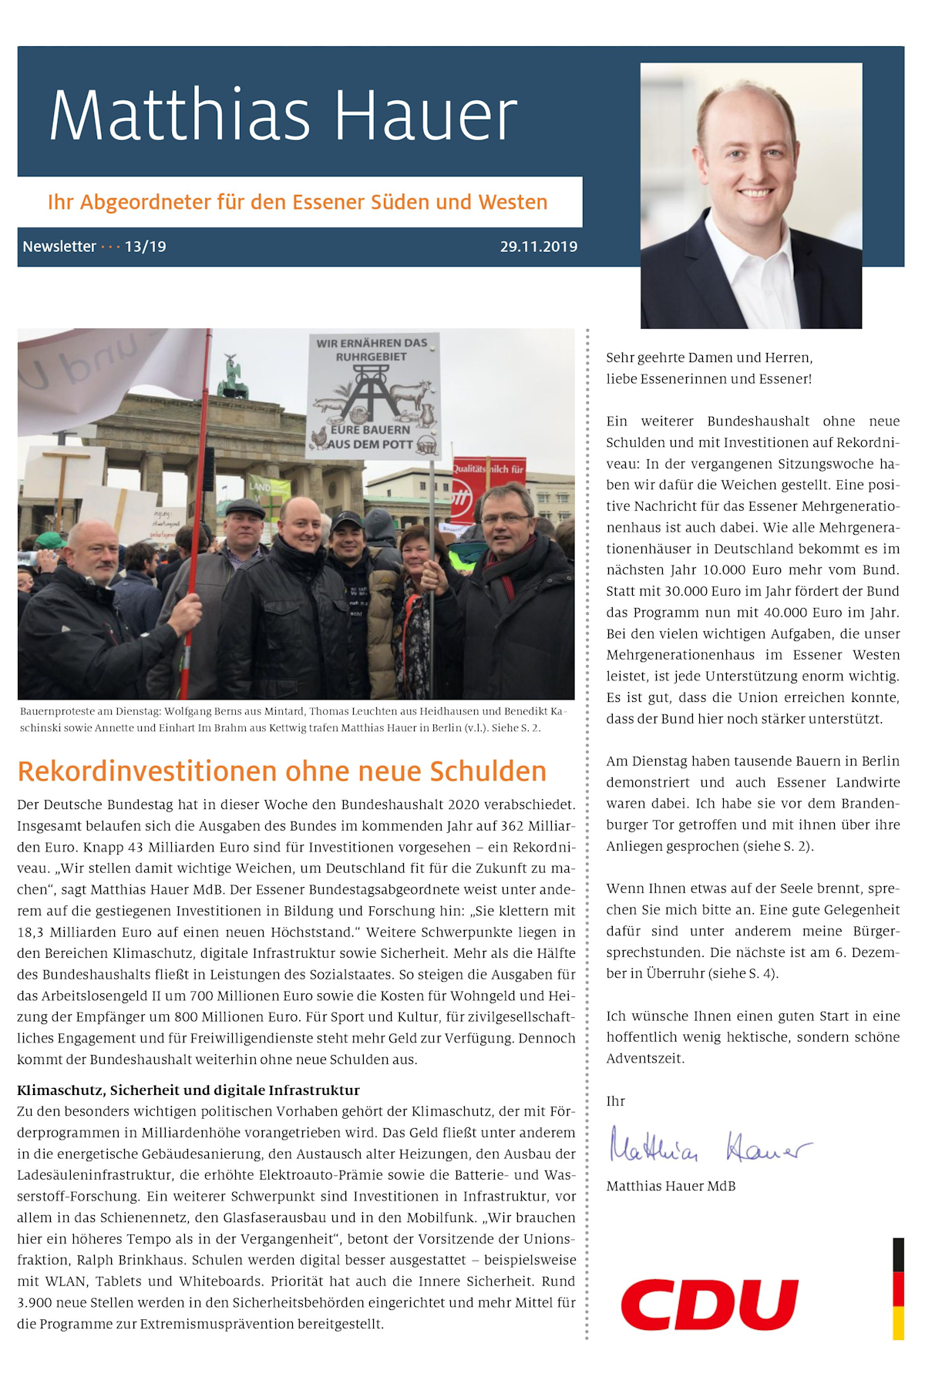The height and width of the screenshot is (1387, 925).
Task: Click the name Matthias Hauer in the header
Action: (x=283, y=116)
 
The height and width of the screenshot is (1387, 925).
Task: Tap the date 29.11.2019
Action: (x=538, y=247)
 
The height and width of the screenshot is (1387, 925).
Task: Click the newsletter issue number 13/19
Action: (x=145, y=247)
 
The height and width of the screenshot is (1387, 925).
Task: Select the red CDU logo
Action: (x=709, y=1305)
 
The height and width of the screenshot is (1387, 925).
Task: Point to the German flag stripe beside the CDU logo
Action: (x=898, y=1288)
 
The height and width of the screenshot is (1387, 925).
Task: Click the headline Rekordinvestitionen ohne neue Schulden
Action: (x=281, y=771)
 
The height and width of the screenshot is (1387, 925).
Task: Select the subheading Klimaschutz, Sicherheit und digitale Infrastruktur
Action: (x=188, y=1090)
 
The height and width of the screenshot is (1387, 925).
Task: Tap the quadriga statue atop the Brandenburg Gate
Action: (x=232, y=378)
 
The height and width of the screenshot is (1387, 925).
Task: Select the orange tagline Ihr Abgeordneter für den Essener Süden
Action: (x=297, y=203)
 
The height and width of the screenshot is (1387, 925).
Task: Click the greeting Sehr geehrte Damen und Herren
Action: (x=708, y=358)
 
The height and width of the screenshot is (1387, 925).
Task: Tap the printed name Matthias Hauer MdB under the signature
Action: (x=671, y=1186)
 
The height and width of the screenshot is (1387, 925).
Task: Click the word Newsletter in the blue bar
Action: (x=59, y=247)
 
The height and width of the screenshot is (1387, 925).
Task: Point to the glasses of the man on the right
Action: (x=505, y=519)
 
